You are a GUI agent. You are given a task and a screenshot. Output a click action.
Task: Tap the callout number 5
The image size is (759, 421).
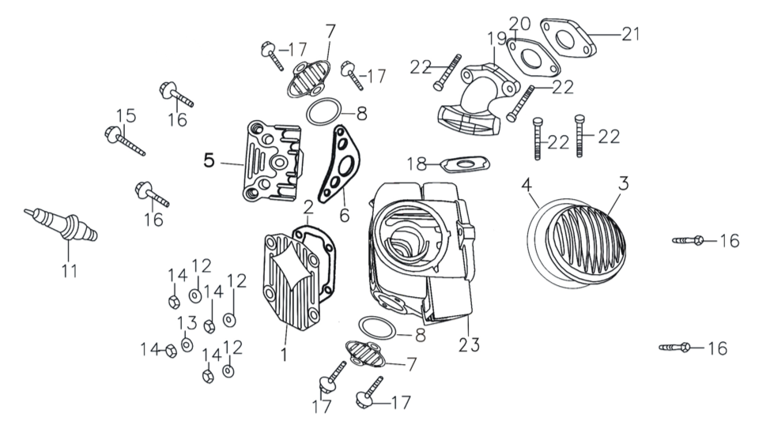click(209, 160)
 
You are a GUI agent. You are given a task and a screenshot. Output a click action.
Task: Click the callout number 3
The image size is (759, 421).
click(624, 184)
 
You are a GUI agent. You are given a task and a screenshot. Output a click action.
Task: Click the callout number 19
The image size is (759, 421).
click(495, 38)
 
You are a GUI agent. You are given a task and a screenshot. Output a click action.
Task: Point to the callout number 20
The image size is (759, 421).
click(519, 23)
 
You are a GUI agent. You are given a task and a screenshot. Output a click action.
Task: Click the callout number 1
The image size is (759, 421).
click(282, 355)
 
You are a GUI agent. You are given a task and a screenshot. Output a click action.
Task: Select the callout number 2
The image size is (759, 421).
click(308, 207)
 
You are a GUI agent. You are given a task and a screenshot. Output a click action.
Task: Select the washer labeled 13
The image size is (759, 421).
click(187, 344)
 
